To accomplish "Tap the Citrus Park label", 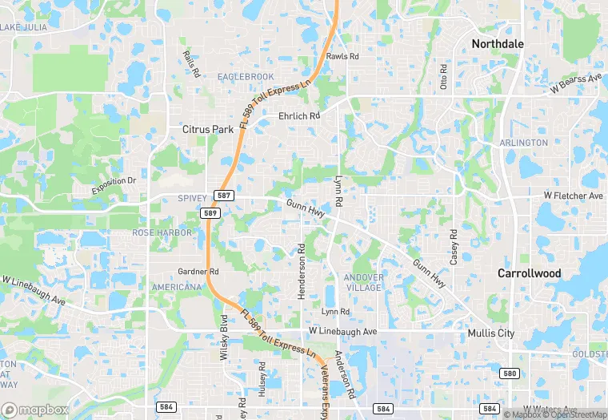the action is click(207, 128).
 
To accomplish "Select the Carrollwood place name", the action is click(529, 273).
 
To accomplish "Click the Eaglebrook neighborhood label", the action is click(246, 76).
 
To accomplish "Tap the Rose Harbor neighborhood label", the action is click(162, 232).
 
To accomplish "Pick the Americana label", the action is click(176, 287).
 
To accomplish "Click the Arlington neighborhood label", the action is click(524, 143).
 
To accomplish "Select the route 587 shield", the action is click(223, 196).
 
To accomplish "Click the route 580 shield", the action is click(510, 374).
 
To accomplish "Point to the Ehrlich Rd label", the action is click(298, 115).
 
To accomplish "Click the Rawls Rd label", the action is click(342, 57).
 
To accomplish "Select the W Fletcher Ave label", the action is click(573, 196).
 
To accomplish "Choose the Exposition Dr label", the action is click(114, 186).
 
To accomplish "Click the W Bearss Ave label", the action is click(575, 83).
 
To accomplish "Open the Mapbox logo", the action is click(35, 409).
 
